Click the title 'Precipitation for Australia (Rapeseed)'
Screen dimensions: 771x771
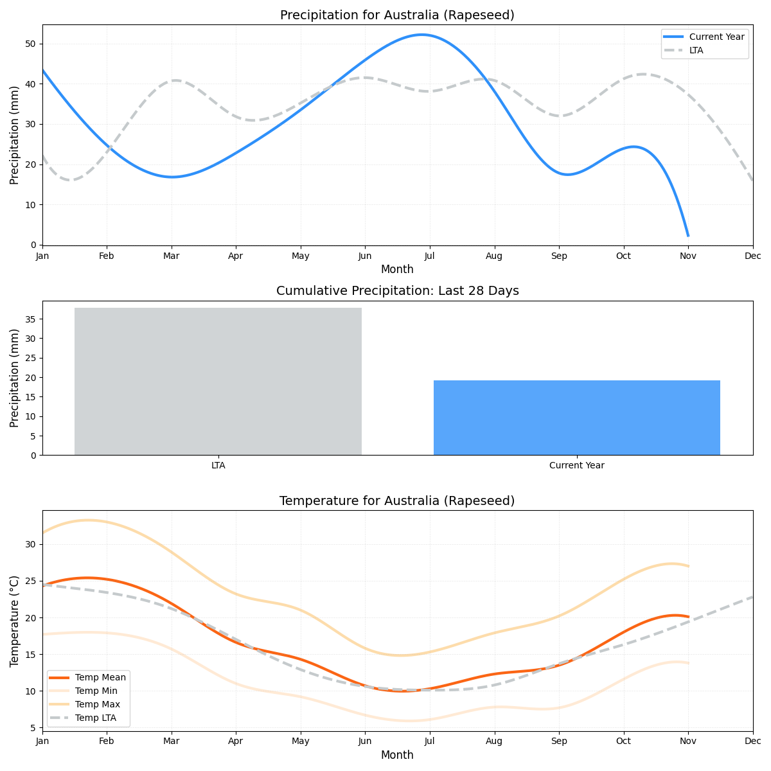pos(397,15)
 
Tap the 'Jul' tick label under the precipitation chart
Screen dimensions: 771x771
pos(429,256)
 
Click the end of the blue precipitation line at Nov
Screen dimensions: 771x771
pos(687,235)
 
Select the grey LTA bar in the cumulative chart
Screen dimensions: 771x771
pos(218,382)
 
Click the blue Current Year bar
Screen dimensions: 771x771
pos(576,418)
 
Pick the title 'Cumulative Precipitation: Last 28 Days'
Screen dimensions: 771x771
pos(397,291)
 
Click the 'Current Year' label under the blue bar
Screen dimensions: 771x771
pos(576,465)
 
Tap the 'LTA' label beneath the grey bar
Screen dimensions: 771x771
pos(218,465)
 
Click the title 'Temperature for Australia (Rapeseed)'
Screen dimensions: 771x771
pos(397,501)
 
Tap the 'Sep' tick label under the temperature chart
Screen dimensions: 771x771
pos(558,742)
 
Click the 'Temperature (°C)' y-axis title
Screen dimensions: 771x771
pos(15,621)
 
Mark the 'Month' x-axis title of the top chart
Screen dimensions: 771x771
pos(397,269)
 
